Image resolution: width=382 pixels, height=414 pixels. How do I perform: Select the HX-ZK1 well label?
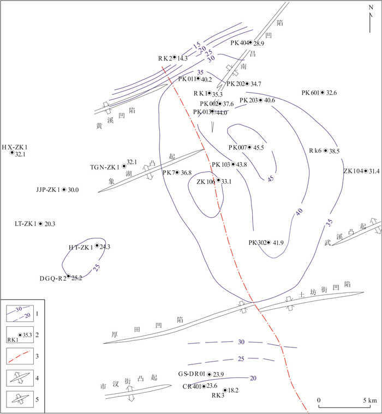14,147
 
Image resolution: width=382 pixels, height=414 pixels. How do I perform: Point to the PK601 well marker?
323,93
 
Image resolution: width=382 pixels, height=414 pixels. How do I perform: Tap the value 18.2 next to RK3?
233,391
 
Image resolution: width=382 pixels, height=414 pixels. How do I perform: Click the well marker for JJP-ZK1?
64,190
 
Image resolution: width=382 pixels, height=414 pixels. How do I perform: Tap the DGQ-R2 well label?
52,278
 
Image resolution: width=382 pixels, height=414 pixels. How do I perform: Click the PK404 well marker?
250,43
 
